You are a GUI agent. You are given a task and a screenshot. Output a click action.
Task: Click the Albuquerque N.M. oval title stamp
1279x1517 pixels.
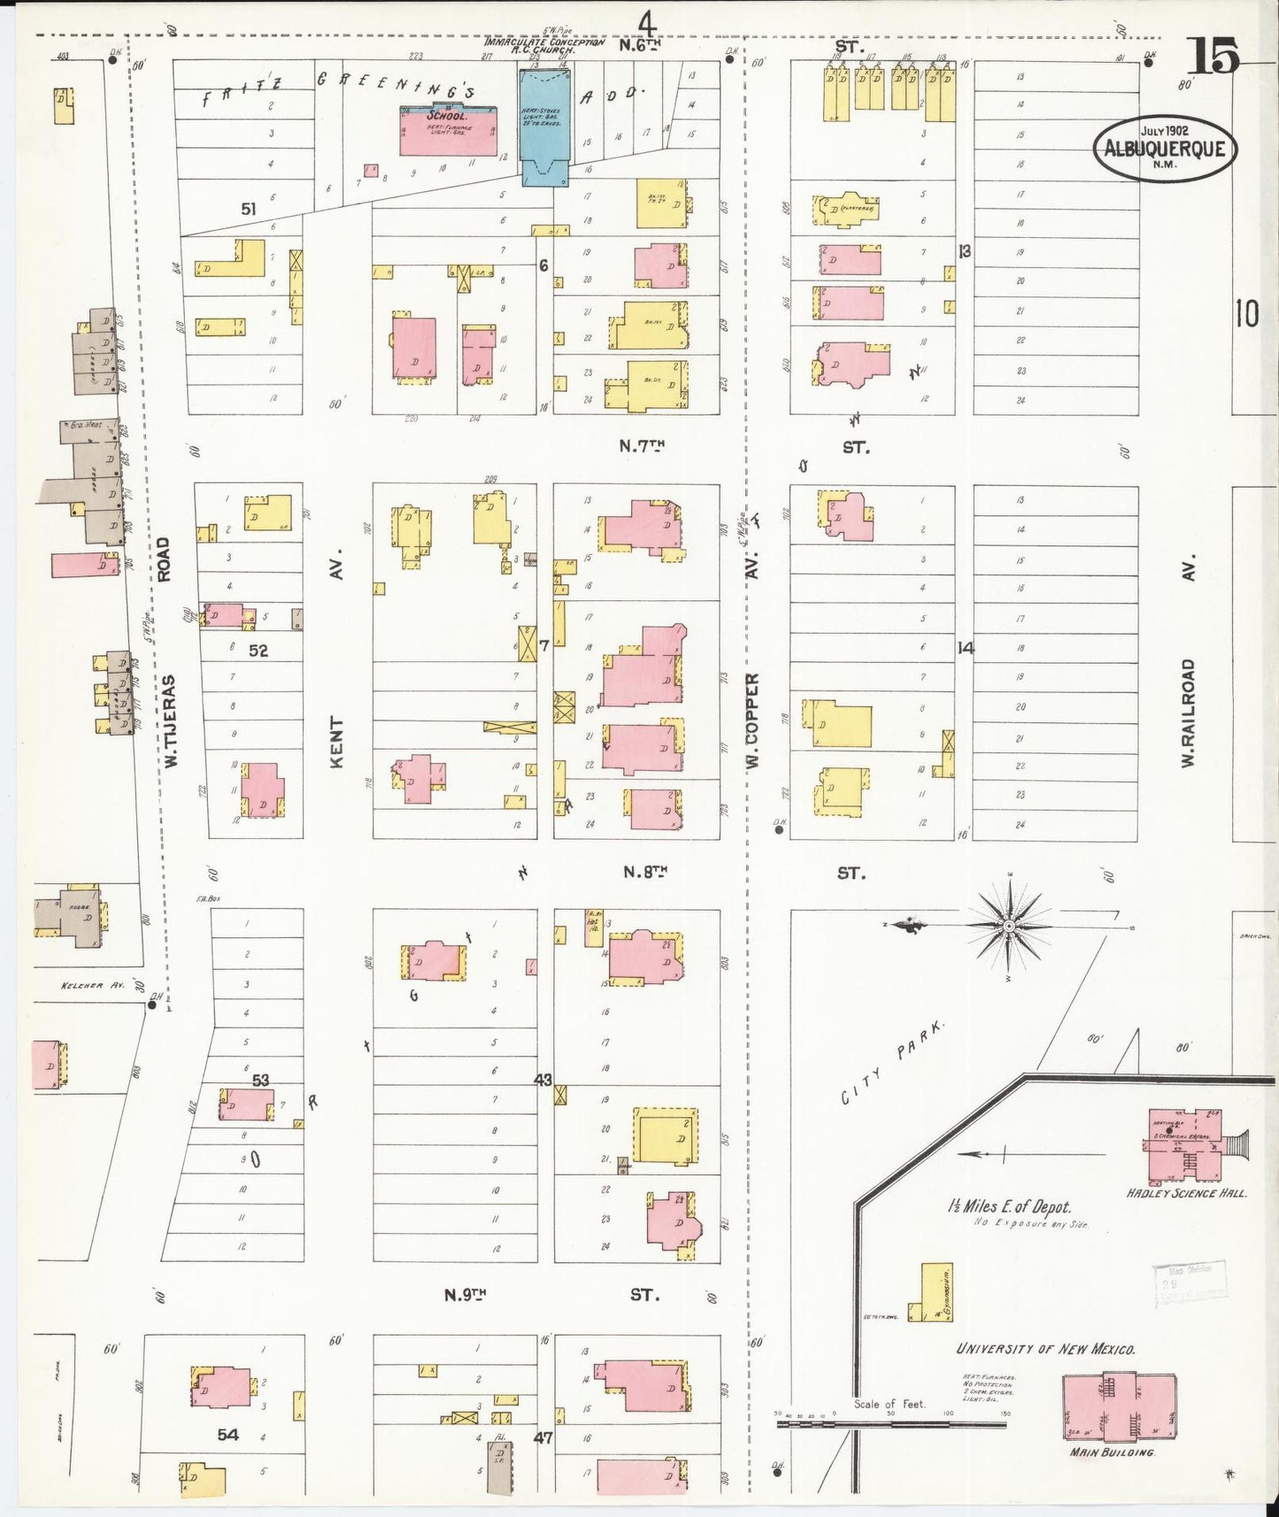point(1165,149)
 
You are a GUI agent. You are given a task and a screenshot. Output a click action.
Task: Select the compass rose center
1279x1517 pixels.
point(1008,926)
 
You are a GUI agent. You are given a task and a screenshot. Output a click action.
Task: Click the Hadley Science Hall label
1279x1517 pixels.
point(1186,1193)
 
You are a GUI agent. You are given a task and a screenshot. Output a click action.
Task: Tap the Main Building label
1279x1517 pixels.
point(1112,1452)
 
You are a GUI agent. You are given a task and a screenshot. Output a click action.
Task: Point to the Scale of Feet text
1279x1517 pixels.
point(889,1404)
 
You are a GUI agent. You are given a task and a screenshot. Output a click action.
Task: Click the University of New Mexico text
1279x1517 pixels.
point(1045,1349)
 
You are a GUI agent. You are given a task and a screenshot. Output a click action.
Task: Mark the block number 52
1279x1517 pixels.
point(258,650)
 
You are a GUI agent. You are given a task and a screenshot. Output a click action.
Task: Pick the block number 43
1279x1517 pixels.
point(543,1080)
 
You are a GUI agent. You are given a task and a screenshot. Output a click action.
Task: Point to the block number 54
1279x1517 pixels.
point(228,1435)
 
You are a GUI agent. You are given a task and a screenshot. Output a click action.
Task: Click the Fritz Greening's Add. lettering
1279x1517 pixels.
point(425,89)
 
